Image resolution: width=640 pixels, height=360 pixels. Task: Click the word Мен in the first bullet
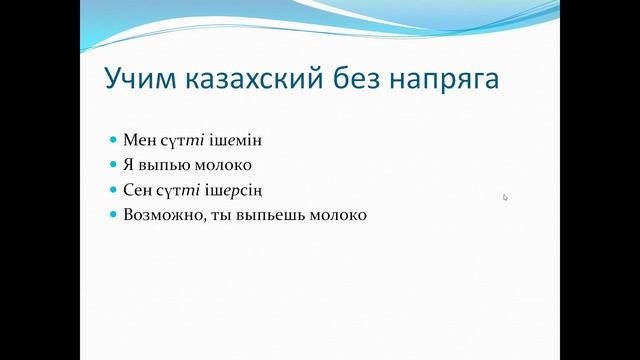click(x=138, y=140)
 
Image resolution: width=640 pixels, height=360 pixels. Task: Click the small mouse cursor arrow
click(x=506, y=197)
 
